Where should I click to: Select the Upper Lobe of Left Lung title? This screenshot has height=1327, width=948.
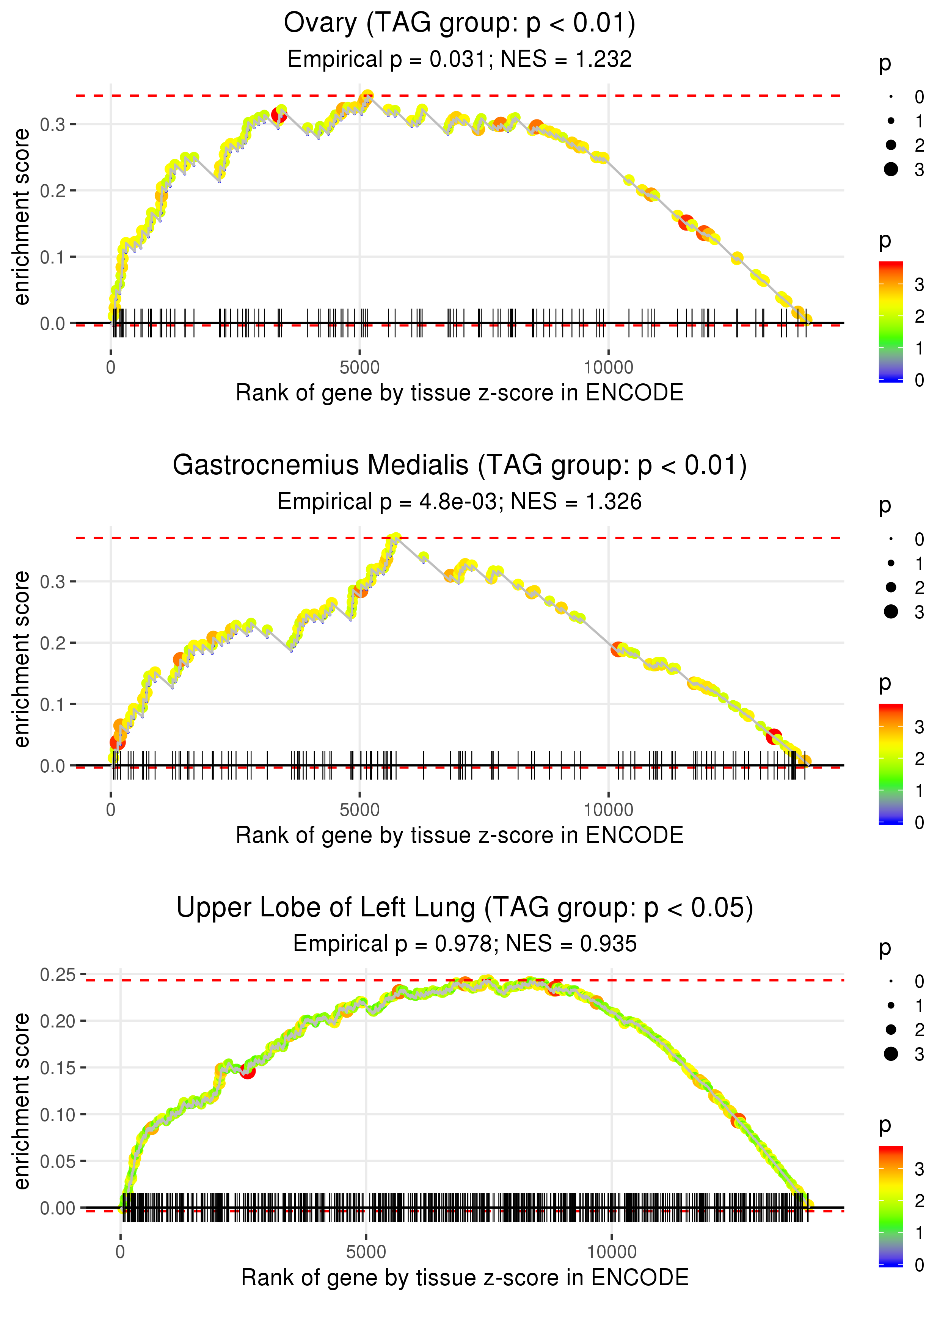(x=465, y=908)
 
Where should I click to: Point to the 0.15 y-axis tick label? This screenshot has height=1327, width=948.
(x=58, y=1068)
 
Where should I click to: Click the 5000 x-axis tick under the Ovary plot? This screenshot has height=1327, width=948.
(x=359, y=368)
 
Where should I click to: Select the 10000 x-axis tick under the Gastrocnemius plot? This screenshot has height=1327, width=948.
(x=608, y=810)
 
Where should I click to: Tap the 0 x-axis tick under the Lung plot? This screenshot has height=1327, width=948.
(x=120, y=1252)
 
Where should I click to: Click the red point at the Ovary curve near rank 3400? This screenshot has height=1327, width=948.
(x=279, y=115)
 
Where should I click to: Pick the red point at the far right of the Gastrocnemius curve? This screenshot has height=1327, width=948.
(x=774, y=736)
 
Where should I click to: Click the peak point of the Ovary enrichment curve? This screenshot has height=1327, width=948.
(x=367, y=96)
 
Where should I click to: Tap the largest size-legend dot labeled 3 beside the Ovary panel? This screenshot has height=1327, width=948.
(x=891, y=169)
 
